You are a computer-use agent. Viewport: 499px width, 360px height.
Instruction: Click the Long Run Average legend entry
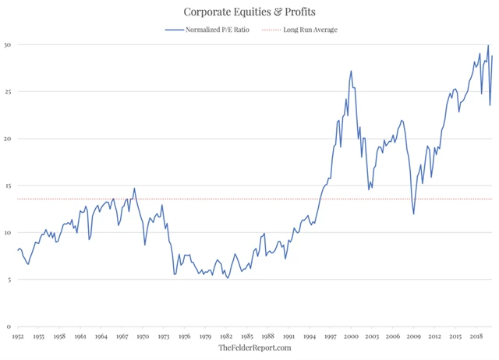[310, 30]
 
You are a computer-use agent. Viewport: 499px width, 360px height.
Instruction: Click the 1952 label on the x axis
[19, 337]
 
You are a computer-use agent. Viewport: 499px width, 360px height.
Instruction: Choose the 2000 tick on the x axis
[351, 337]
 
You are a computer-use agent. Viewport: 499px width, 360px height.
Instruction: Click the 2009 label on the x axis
[413, 337]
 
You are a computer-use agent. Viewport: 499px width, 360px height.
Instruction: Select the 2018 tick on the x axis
[476, 337]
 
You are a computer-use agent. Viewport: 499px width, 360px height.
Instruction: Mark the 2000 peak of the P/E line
[351, 71]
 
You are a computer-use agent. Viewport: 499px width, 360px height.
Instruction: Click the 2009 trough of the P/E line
[413, 214]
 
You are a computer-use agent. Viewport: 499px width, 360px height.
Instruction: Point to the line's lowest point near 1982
[228, 277]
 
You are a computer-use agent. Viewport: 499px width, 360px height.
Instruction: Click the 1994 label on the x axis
[310, 337]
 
